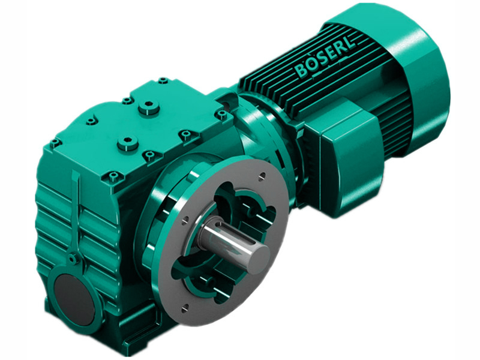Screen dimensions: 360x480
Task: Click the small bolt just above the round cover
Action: (x=73, y=259)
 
